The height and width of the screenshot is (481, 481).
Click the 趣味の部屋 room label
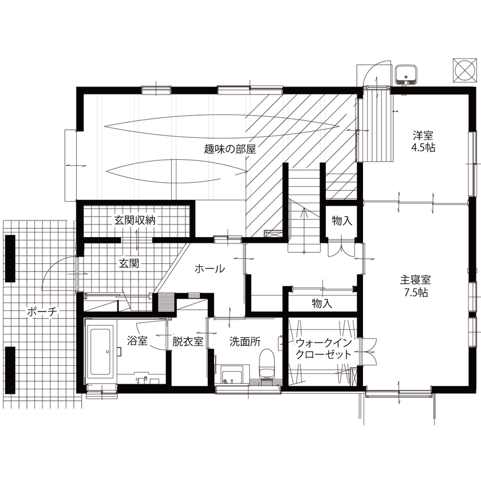(229, 148)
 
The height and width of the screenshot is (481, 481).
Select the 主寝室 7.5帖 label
(415, 286)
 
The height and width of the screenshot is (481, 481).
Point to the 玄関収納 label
(135, 220)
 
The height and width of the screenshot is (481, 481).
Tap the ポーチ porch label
(42, 312)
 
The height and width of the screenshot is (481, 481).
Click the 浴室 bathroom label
(137, 342)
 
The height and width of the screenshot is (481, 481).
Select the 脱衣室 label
(188, 342)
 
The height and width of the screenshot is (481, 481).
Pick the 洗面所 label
(245, 342)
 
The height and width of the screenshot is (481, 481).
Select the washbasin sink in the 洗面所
(232, 375)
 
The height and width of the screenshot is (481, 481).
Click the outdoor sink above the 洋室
(407, 74)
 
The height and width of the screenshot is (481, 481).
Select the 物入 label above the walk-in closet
(322, 302)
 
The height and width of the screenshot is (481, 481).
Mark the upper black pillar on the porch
(10, 255)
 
